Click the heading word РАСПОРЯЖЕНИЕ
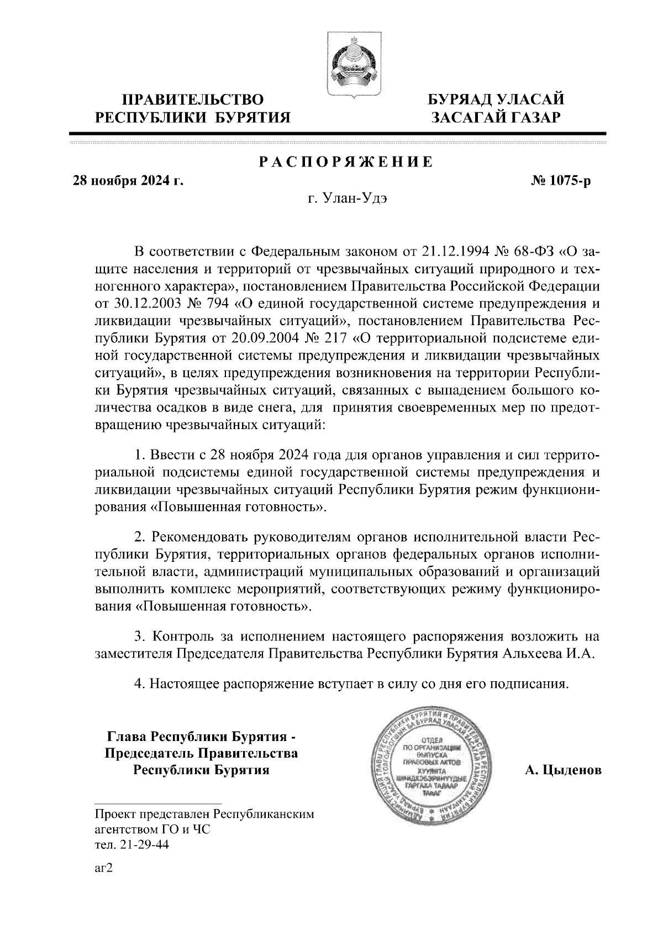[346, 162]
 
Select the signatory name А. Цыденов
[562, 770]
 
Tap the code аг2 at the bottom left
[104, 869]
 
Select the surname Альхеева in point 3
[532, 653]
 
